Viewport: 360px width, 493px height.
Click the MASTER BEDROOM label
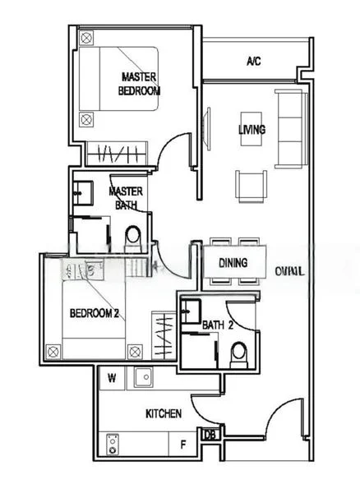click(139, 84)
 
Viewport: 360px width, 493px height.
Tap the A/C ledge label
click(253, 62)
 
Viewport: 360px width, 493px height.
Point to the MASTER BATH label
click(126, 198)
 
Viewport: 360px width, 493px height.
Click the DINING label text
click(233, 264)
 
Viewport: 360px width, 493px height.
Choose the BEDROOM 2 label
click(95, 313)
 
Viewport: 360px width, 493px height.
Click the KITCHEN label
click(163, 414)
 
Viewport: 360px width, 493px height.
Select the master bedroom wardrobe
click(114, 153)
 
